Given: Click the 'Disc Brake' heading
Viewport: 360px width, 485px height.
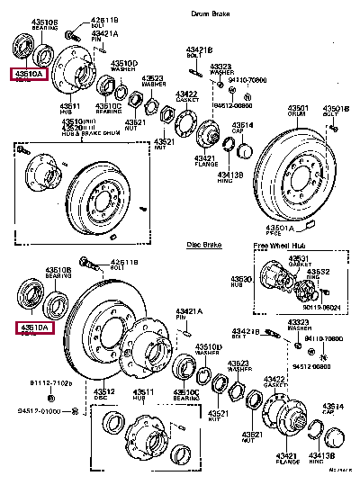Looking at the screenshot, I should (x=203, y=243).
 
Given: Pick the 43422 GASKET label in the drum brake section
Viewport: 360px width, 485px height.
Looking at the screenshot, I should (x=186, y=96).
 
